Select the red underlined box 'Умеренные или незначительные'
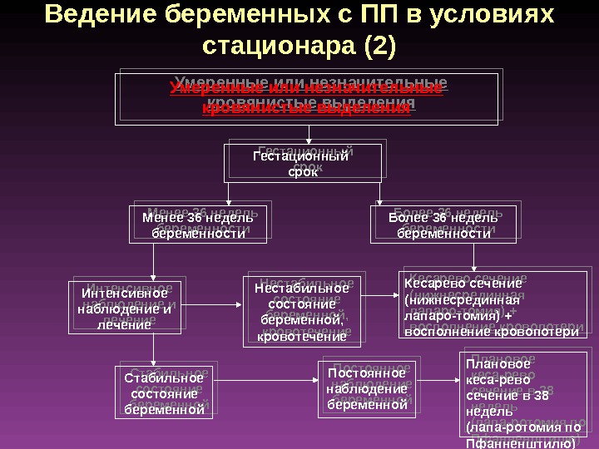pos(306,98)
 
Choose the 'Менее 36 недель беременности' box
pos(198,225)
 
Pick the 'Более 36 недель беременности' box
pos(444,225)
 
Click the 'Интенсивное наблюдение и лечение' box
pos(124,308)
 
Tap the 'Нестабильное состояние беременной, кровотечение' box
pos(302,311)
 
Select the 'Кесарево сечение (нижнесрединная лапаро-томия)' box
pos(491,307)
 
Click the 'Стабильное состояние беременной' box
pos(164,394)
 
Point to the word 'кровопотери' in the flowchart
pos(541,331)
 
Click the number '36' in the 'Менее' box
pos(194,218)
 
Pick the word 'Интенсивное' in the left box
pos(124,294)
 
